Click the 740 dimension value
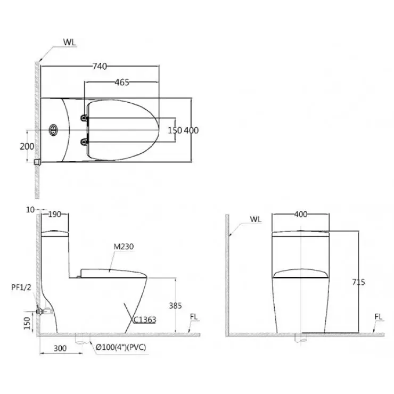[x=100, y=67]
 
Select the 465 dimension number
[x=122, y=82]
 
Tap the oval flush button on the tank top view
[x=53, y=130]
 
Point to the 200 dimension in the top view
[x=27, y=146]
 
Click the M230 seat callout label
[x=124, y=247]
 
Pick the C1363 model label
[x=144, y=319]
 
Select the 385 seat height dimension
[x=175, y=306]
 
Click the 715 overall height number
[x=358, y=282]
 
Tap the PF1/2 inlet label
[x=21, y=287]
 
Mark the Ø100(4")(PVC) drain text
[x=121, y=347]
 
